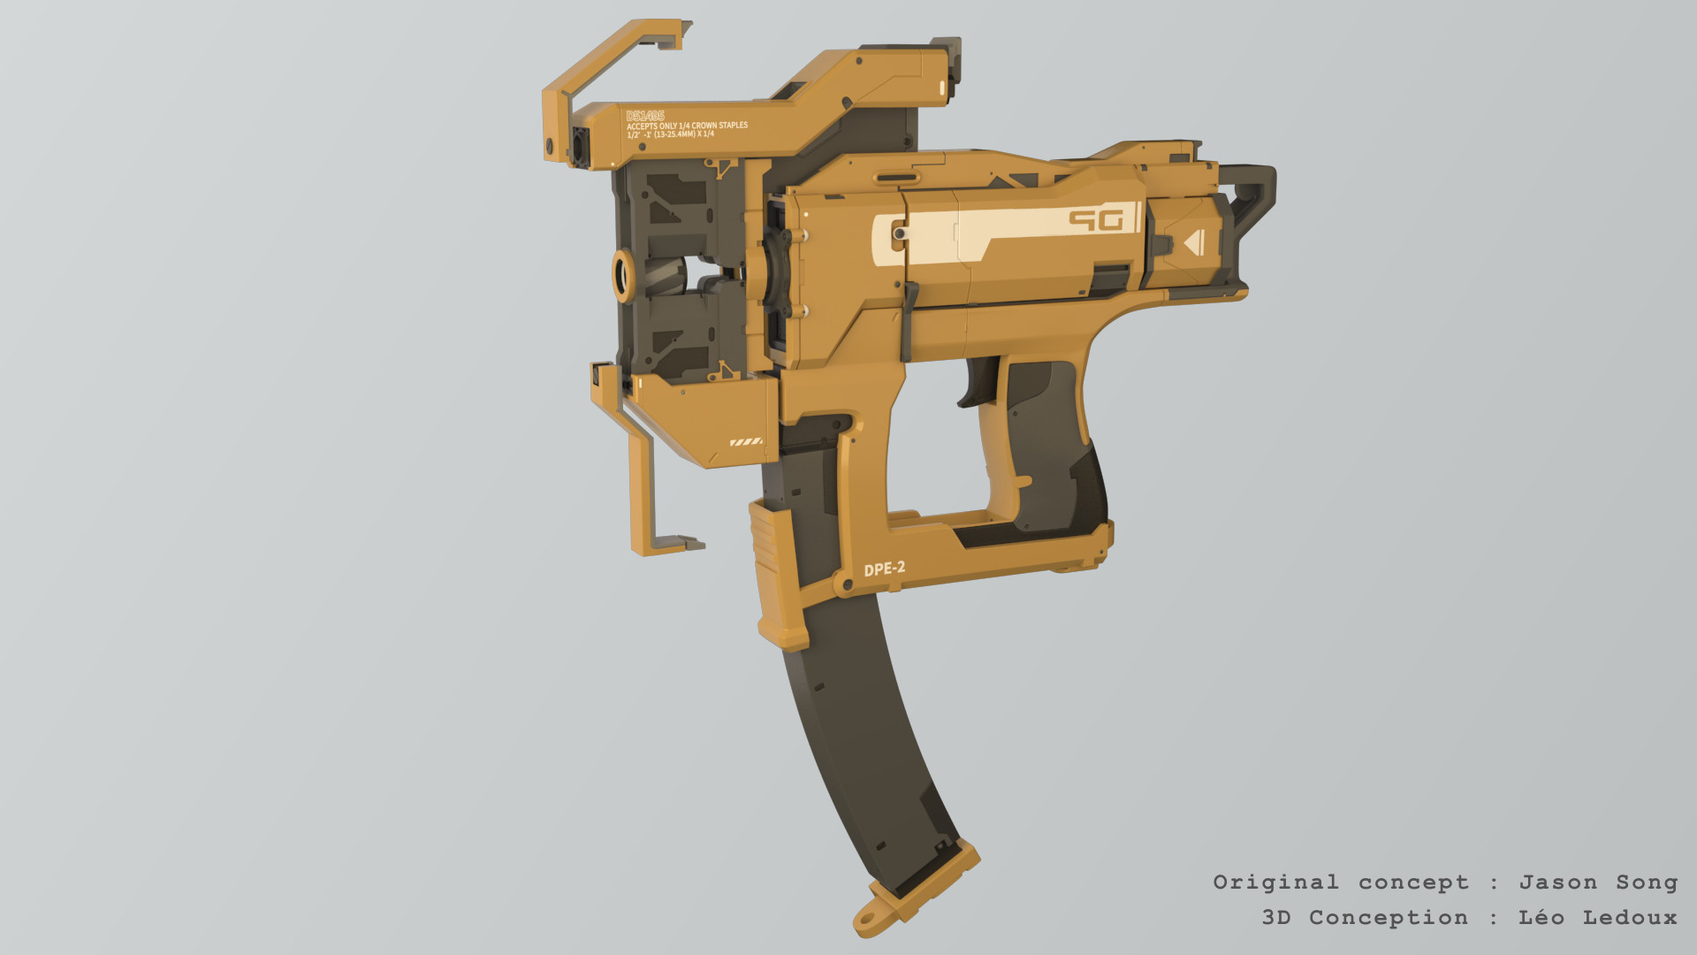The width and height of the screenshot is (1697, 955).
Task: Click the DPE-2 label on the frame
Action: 884,569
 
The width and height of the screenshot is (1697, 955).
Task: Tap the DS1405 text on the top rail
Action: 644,117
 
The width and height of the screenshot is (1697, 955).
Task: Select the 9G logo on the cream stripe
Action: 1096,219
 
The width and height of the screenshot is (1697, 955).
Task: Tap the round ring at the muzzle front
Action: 623,276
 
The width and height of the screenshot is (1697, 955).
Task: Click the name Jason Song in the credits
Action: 1597,882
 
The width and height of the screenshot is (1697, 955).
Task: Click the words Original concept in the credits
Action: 1340,882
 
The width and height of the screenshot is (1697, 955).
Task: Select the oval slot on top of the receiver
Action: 895,178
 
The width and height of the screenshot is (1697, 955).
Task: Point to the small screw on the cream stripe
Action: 899,234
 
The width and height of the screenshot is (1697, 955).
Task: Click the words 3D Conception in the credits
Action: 1364,918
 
